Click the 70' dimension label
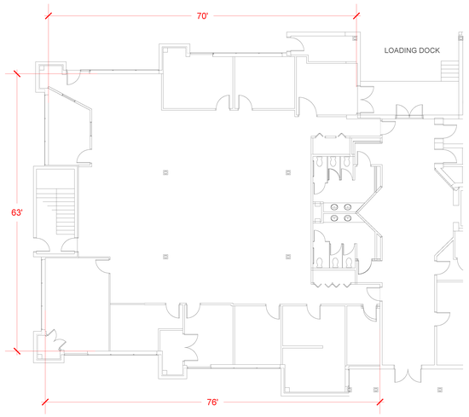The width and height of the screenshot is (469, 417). click(202, 16)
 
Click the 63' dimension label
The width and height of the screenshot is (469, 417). click(17, 212)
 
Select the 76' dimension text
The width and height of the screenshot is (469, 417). click(212, 402)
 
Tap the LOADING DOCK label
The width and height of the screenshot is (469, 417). click(412, 50)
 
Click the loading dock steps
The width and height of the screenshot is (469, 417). click(449, 71)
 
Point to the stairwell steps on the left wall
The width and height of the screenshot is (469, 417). click(60, 211)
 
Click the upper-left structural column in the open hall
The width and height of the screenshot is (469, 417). click(165, 172)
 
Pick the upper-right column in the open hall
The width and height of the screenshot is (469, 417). click(288, 172)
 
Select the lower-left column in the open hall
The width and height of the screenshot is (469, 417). click(165, 257)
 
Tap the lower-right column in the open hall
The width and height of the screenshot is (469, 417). click(288, 257)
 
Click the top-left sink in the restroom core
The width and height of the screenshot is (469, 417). click(334, 206)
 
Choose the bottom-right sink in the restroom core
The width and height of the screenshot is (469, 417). click(347, 218)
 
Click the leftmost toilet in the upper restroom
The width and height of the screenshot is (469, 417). click(319, 162)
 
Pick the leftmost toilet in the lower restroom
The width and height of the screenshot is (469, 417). click(320, 263)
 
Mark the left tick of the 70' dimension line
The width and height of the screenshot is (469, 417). click(48, 16)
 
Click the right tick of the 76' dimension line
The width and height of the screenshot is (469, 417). click(379, 402)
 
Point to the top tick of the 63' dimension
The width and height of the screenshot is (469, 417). click(17, 73)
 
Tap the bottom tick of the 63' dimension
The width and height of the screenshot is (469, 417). click(17, 350)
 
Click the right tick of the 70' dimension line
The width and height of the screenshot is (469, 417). click(356, 16)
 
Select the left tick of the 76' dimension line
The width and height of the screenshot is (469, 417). click(45, 402)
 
